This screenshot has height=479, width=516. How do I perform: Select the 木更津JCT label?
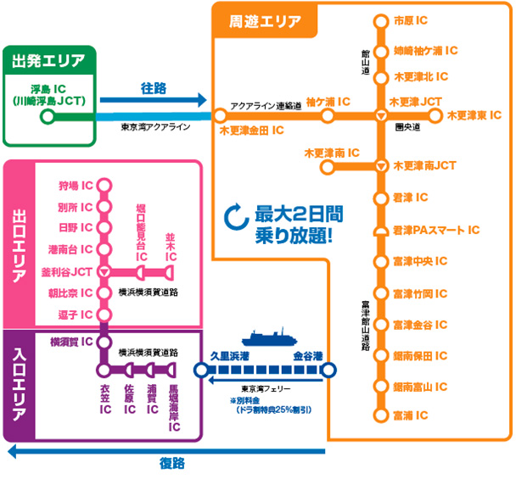[x=415, y=101]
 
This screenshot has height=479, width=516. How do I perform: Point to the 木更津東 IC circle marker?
[x=436, y=115]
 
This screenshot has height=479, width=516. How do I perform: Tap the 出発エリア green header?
[x=48, y=60]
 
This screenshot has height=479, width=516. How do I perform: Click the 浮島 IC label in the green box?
[x=48, y=87]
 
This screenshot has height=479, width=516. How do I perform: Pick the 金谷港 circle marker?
[x=329, y=370]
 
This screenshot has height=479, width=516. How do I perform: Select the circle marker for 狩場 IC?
[x=104, y=185]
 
